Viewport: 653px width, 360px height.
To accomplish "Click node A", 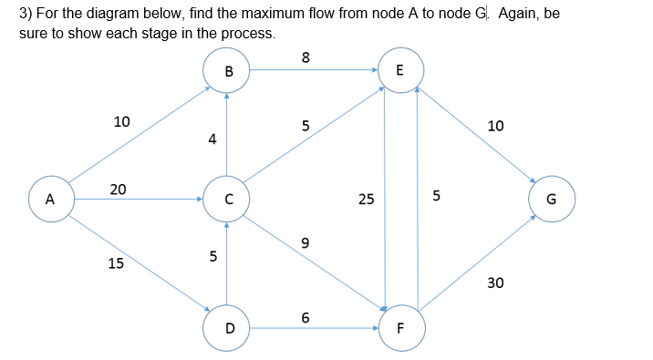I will (50, 198).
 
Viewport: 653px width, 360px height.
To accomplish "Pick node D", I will (229, 325).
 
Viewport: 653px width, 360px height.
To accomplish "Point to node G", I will (551, 199).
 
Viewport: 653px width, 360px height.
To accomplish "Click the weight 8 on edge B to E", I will (306, 57).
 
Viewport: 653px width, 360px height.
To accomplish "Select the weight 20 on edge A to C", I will (118, 189).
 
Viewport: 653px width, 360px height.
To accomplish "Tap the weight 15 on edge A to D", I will (116, 263).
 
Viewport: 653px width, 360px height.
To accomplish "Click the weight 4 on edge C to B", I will (212, 139).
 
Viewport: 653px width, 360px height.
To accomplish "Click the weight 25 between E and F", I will (366, 198).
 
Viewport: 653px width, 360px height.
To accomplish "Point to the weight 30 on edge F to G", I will (495, 283).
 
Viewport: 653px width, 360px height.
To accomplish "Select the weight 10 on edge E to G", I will (495, 126).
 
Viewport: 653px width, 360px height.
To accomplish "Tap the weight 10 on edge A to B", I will (121, 121).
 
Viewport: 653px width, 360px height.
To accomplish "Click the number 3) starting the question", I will (26, 15).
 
